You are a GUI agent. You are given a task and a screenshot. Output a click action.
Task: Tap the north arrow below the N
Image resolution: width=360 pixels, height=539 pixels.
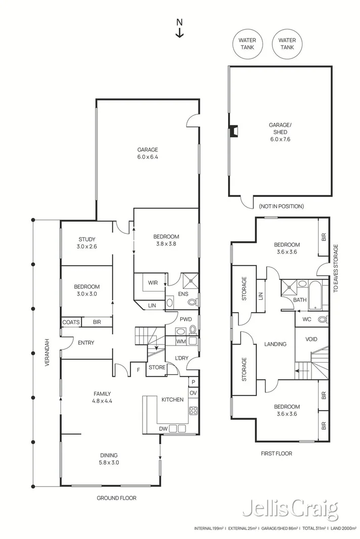[x=179, y=33]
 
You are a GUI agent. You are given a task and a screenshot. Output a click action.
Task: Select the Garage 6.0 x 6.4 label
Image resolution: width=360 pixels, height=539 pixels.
[x=148, y=153]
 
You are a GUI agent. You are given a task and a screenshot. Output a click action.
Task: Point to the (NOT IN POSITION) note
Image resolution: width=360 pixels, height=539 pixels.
[x=281, y=206]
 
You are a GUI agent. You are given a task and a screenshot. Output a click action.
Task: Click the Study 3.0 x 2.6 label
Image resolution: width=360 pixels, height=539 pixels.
[x=86, y=243]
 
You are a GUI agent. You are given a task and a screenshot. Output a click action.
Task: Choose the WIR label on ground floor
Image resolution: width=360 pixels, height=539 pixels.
[x=153, y=283]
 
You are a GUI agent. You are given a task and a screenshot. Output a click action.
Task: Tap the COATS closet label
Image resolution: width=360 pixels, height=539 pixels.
[x=70, y=322]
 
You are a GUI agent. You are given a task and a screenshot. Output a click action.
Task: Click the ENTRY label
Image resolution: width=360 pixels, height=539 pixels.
[x=86, y=343]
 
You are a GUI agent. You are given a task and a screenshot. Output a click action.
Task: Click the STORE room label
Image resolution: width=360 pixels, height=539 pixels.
[x=157, y=367]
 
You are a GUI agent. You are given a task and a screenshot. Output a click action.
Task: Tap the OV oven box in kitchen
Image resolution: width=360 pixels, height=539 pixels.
[x=193, y=393]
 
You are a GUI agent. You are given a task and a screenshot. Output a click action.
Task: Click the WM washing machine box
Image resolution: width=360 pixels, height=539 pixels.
[x=181, y=341]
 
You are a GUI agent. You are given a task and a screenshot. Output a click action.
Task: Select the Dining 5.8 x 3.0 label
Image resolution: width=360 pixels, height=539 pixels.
[x=110, y=458]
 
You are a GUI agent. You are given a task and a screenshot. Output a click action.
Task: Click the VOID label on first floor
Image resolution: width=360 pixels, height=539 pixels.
[x=311, y=339]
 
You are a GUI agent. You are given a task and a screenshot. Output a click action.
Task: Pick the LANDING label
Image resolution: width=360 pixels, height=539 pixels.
[x=275, y=344]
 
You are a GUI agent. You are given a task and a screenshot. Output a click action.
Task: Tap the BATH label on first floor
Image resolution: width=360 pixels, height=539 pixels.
[x=300, y=300]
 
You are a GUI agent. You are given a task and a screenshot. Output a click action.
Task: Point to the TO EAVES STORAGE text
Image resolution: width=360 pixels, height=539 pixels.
[x=335, y=269]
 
